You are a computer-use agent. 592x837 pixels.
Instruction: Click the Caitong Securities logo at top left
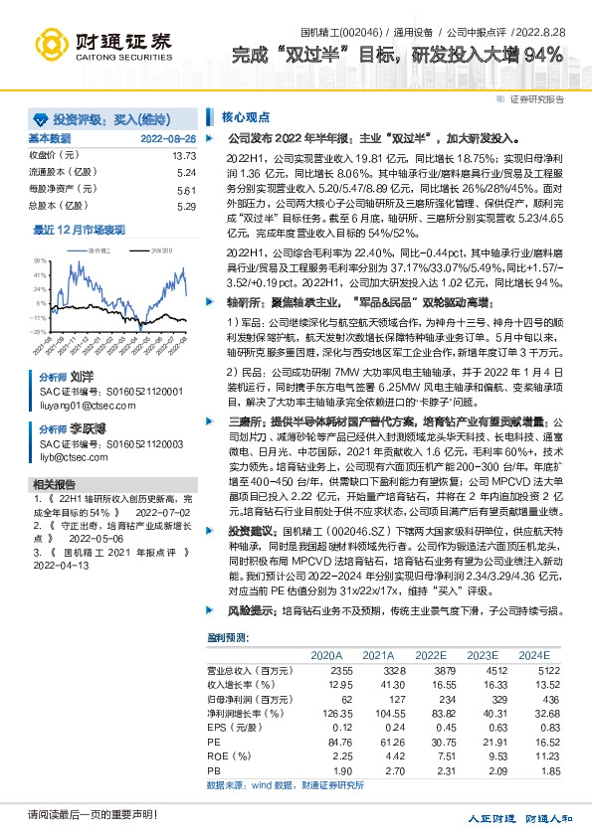tap(99, 45)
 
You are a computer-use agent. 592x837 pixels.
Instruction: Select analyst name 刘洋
tap(82, 379)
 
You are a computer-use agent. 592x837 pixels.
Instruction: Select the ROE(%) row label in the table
tap(228, 755)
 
